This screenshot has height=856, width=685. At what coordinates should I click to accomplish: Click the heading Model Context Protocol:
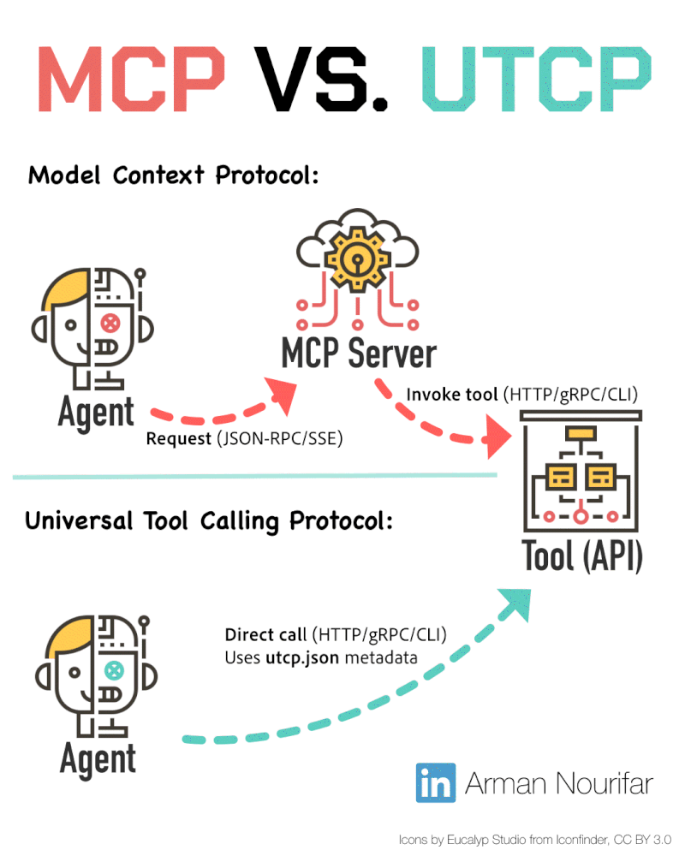pyautogui.click(x=174, y=175)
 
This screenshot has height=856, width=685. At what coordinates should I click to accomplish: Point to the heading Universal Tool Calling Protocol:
pyautogui.click(x=209, y=520)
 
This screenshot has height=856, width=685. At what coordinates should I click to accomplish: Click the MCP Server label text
pyautogui.click(x=359, y=354)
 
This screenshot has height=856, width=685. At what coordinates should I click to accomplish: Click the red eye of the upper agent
pyautogui.click(x=110, y=324)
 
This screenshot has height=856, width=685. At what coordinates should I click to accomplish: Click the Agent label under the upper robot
pyautogui.click(x=96, y=413)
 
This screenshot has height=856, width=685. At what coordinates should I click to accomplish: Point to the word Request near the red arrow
pyautogui.click(x=178, y=439)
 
